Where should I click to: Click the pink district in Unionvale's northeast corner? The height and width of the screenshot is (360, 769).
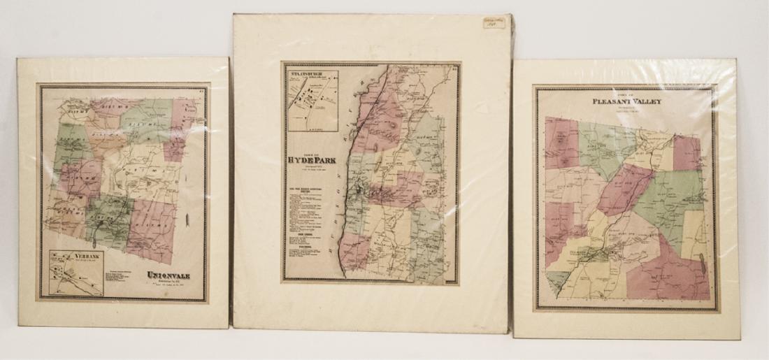coord(184,115)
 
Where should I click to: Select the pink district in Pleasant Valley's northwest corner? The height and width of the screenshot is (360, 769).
coord(561,143)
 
